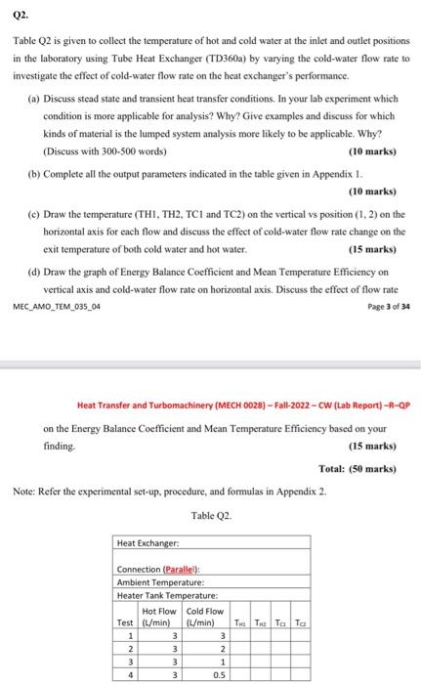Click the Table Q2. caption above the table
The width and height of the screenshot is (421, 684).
[x=210, y=515]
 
